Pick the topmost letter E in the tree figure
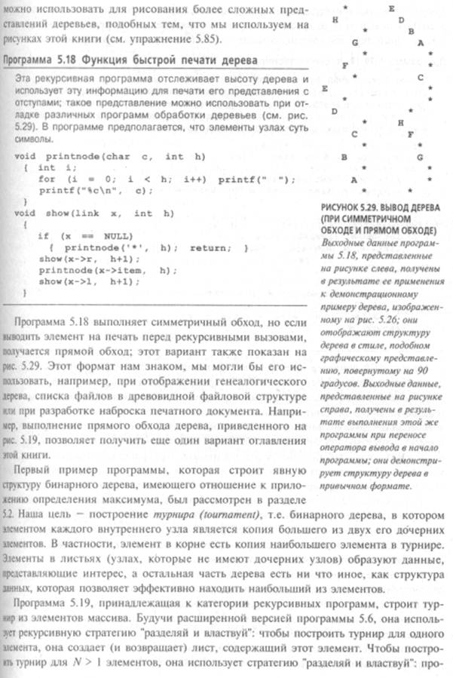point(392,8)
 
